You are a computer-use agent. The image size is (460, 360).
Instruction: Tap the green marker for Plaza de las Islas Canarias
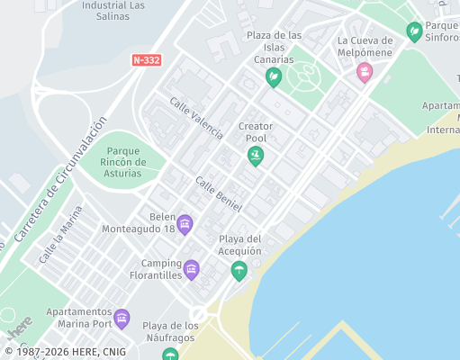pos(273,78)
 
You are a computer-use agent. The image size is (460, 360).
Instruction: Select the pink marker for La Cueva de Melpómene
pos(365,72)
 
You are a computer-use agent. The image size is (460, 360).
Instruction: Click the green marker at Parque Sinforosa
pos(414,32)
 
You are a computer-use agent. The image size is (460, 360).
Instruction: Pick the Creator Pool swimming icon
pos(256,157)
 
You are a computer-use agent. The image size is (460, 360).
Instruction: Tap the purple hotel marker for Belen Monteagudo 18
pos(185,224)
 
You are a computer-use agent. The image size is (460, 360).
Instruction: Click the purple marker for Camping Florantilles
pos(191,269)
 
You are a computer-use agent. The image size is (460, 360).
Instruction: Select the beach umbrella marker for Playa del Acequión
pos(239,270)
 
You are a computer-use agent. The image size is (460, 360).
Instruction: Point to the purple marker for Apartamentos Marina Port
pos(122,319)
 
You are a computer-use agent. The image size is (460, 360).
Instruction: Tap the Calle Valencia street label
pos(195,118)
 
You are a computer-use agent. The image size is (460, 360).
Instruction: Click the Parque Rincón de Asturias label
pos(122,161)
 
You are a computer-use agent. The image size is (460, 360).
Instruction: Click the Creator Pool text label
pos(256,133)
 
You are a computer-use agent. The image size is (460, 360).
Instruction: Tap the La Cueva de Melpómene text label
pos(365,47)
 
